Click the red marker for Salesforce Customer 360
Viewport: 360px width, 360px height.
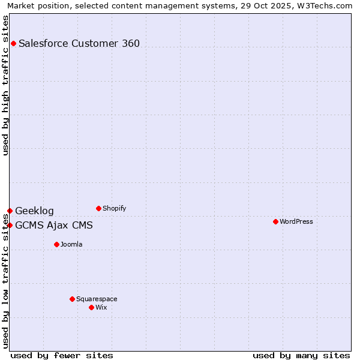pos(13,43)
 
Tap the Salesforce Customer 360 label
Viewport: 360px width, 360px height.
pos(79,43)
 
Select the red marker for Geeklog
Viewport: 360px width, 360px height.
pos(10,211)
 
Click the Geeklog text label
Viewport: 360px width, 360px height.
pos(34,211)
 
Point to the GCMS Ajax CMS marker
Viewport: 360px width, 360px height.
pos(10,225)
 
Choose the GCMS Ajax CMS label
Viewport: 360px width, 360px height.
pos(54,226)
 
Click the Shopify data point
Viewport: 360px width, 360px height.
pos(98,208)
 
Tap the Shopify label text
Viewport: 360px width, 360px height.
pos(114,208)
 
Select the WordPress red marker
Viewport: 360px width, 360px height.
pos(275,221)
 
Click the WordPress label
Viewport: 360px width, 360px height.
pos(296,221)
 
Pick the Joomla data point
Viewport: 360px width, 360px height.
pos(56,244)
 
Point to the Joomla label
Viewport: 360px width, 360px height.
pos(71,244)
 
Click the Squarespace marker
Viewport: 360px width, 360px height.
pos(72,299)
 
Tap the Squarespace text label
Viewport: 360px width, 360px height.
pos(97,299)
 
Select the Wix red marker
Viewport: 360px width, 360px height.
pos(91,307)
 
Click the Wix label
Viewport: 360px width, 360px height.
pos(101,307)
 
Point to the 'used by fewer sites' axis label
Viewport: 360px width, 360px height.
pos(62,355)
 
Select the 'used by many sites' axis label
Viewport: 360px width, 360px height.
pos(301,355)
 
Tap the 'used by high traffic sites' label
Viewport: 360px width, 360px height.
pos(6,85)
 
